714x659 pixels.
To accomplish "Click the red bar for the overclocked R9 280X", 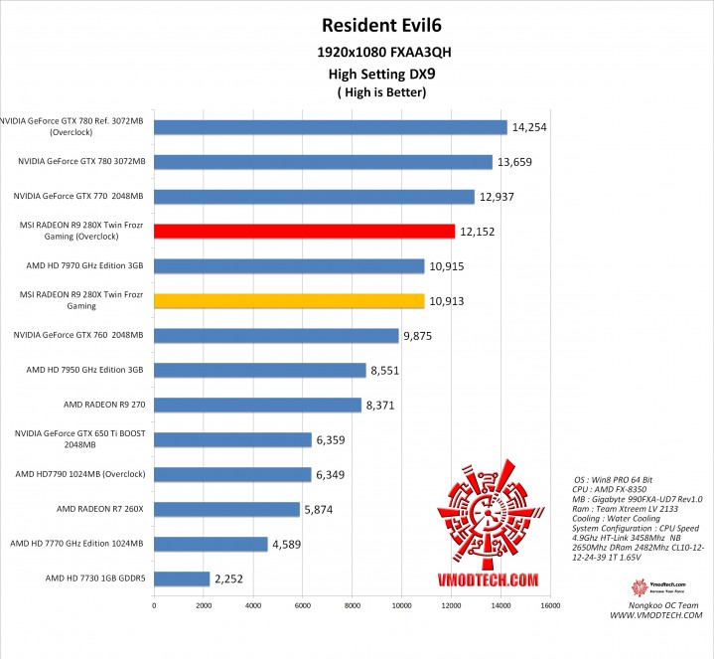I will coord(304,232).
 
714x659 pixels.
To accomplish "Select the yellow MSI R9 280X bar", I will coord(289,300).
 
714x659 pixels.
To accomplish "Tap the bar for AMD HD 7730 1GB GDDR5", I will coord(182,578).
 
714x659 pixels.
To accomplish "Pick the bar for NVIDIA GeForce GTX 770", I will coord(314,197).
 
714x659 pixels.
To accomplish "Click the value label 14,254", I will coord(529,127).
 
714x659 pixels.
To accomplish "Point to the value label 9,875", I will coord(420,336).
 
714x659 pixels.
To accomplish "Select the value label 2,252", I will coord(231,578).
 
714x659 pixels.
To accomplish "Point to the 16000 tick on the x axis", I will coord(551,604).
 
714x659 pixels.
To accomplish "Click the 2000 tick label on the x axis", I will coord(204,604).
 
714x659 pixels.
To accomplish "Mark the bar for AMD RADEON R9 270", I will coord(257,405).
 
